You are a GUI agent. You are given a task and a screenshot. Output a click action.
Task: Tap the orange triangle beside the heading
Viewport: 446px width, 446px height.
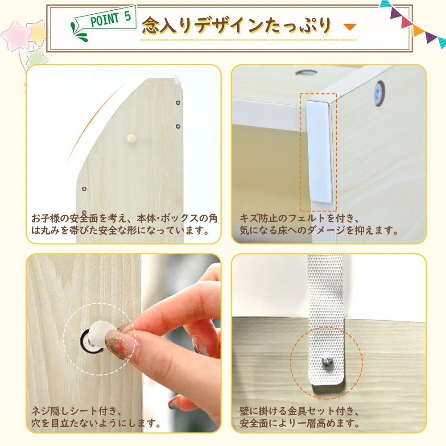point(350,27)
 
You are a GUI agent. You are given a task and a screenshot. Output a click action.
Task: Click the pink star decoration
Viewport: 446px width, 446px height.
point(16,36)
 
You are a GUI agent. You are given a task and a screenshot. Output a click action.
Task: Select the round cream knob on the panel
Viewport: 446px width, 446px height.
point(132,138)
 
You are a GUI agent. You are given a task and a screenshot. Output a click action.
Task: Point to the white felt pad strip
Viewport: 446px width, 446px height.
point(319,151)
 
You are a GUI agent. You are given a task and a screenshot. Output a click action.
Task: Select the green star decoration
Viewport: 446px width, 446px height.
point(37,58)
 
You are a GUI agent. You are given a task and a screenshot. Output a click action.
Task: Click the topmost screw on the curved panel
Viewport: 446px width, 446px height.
point(178,103)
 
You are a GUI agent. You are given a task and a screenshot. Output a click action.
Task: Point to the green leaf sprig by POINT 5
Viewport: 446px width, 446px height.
point(78,32)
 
